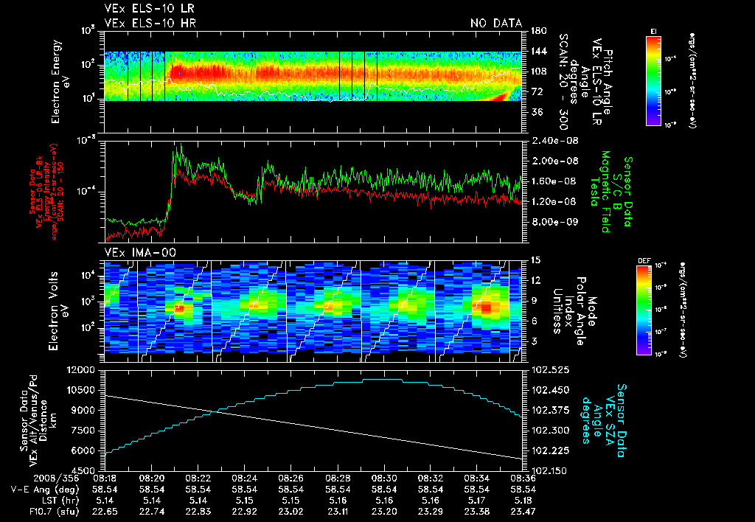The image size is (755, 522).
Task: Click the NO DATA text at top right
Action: pos(495,24)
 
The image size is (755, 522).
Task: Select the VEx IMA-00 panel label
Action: pos(133,253)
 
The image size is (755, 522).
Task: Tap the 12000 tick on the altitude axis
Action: pos(83,369)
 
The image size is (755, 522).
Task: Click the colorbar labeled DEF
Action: pos(653,310)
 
